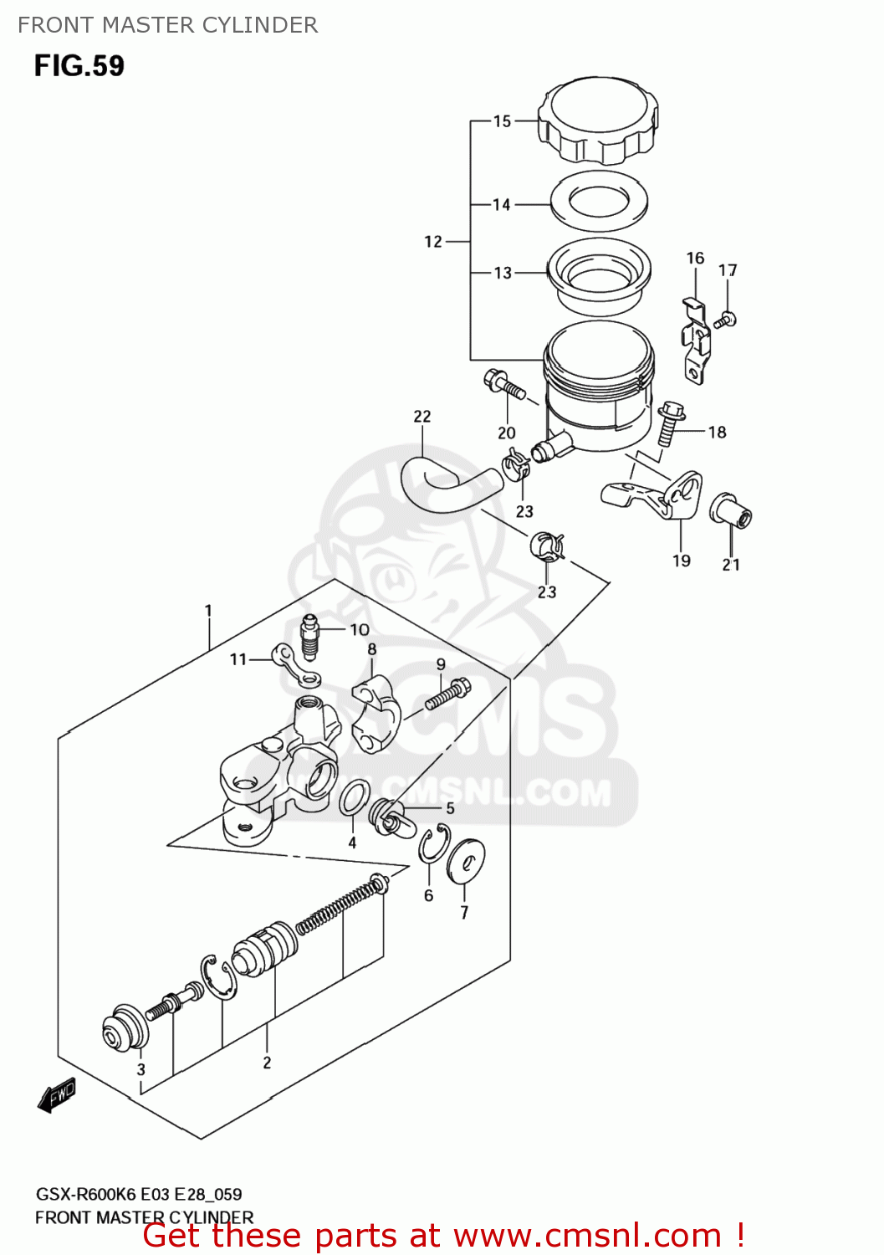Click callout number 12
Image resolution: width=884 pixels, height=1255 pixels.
[433, 242]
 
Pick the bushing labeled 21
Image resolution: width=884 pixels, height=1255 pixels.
[731, 510]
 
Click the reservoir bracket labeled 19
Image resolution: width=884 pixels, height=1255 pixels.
[652, 495]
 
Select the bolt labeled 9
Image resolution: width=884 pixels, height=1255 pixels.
[448, 694]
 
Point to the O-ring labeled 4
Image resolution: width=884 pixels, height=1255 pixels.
[355, 798]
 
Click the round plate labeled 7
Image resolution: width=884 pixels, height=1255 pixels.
[466, 861]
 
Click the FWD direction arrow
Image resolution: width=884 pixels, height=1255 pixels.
[57, 1095]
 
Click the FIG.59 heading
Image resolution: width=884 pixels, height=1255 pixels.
[79, 65]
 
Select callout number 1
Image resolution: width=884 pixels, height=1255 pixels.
[208, 611]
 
